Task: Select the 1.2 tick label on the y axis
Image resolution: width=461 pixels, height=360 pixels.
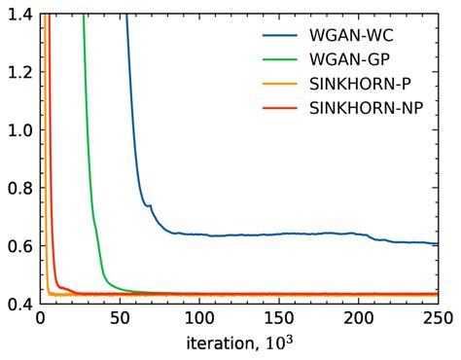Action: (18, 72)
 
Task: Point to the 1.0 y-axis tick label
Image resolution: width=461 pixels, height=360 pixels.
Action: (18, 130)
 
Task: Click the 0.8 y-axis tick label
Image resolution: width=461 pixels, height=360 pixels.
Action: (18, 189)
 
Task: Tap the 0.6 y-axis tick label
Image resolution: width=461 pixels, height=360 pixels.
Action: (18, 246)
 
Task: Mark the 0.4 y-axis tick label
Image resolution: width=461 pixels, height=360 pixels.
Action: (18, 305)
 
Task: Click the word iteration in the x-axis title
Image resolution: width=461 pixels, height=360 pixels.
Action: (217, 342)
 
